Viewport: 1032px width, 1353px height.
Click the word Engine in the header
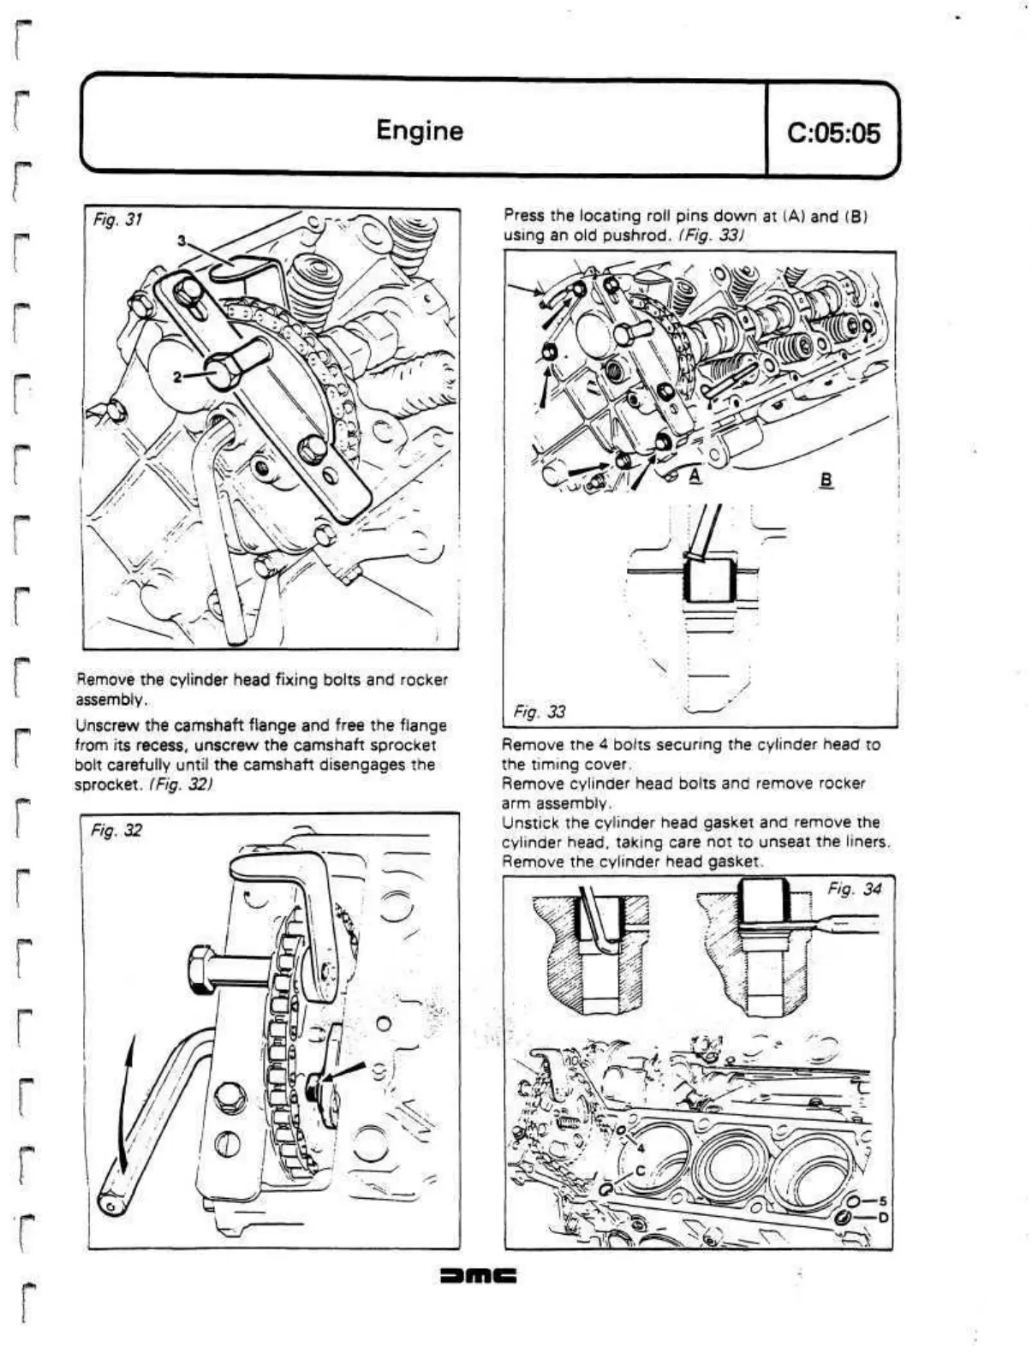419,131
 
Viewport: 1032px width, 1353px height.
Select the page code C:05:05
832,133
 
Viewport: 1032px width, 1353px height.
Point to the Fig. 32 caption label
116,830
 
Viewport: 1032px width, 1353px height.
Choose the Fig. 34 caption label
854,889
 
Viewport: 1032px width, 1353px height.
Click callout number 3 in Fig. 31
182,240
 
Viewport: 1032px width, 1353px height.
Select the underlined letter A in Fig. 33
695,476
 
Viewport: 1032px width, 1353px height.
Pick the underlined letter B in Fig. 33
826,480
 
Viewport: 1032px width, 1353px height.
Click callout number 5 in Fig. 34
879,1201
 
